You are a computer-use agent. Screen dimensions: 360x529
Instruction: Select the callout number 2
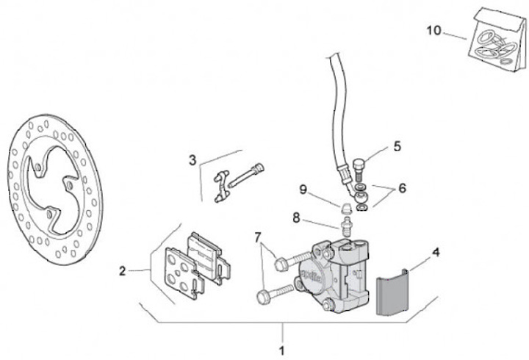(x=123, y=270)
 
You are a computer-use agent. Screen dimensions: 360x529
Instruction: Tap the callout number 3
(x=192, y=159)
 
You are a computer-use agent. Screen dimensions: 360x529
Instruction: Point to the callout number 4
(x=436, y=253)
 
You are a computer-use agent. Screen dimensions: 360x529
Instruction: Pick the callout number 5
(x=397, y=146)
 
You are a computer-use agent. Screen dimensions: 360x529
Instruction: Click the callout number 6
(x=402, y=188)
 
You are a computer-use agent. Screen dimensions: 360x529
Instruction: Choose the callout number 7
(x=258, y=237)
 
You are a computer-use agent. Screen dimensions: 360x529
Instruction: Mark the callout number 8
(x=296, y=217)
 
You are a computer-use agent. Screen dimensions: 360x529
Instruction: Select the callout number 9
(x=303, y=190)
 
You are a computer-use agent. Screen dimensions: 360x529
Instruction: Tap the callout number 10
(x=433, y=30)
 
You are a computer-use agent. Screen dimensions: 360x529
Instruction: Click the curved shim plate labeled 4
(x=392, y=293)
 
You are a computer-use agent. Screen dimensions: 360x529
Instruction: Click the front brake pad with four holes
(x=181, y=272)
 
